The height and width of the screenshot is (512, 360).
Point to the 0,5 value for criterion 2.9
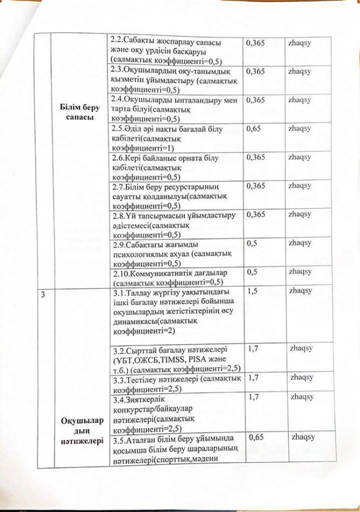[x=252, y=243]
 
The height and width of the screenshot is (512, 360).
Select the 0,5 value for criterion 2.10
[x=252, y=272]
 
